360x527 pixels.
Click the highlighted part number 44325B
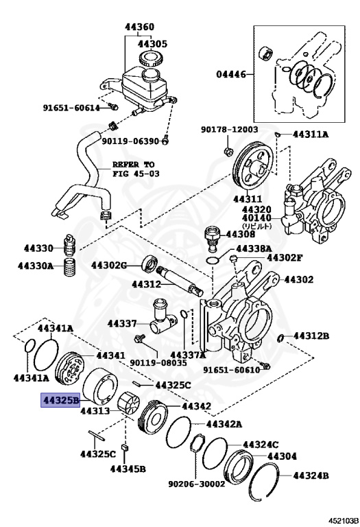coord(60,399)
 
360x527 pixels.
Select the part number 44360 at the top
coord(139,27)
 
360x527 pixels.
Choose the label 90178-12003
coord(229,129)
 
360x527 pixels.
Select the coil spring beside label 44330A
coord(69,268)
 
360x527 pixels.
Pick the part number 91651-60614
coord(71,107)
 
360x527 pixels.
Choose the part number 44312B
coord(311,336)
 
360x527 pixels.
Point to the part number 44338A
coord(254,248)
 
